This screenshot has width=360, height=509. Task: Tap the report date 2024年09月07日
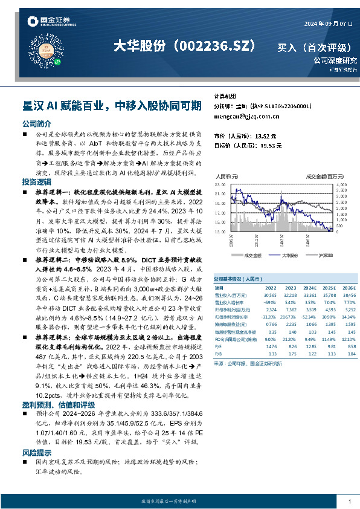[326, 24]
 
